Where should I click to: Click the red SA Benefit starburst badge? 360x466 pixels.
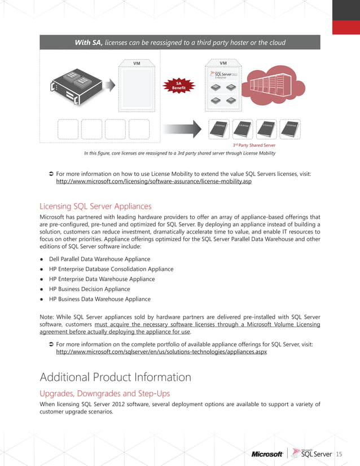tap(179, 86)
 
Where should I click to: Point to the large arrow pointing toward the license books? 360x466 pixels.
tap(181, 129)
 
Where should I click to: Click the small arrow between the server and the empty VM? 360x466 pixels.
tap(111, 85)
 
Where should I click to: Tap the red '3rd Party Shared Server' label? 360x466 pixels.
tap(254, 145)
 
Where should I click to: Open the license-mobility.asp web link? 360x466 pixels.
tap(153, 183)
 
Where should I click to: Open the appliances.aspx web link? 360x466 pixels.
tap(161, 351)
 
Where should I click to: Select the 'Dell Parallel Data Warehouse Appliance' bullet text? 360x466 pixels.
tap(99, 259)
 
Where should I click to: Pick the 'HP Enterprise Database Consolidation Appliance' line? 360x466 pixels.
tap(111, 269)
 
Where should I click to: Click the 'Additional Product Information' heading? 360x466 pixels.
tap(115, 377)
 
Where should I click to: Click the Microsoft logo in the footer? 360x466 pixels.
tap(267, 454)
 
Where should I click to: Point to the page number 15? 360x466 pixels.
tap(339, 454)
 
